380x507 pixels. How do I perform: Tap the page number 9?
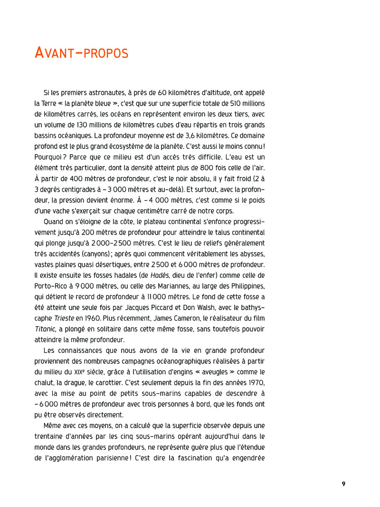343,484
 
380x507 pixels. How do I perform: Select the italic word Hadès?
159,275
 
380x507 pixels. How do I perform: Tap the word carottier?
105,382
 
